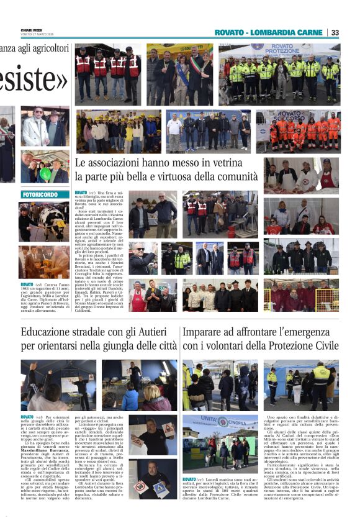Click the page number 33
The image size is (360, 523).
(335, 32)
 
